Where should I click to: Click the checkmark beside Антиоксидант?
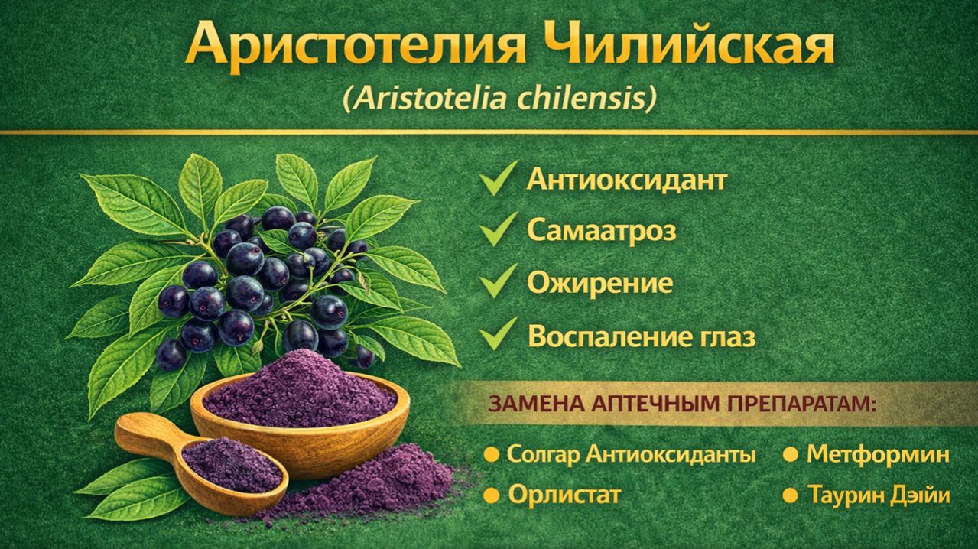pyautogui.click(x=499, y=182)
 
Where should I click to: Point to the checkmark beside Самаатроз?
pyautogui.click(x=499, y=231)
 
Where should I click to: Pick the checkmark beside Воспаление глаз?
pyautogui.click(x=499, y=334)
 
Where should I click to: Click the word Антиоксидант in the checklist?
pyautogui.click(x=626, y=181)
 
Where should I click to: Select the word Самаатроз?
pyautogui.click(x=602, y=231)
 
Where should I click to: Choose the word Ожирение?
pyautogui.click(x=599, y=283)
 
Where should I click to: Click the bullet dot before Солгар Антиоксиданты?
pyautogui.click(x=491, y=456)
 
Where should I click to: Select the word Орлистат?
pyautogui.click(x=564, y=495)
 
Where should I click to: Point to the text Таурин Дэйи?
pyautogui.click(x=879, y=495)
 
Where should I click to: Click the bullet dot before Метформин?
pyautogui.click(x=791, y=456)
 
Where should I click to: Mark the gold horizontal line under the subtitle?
pyautogui.click(x=489, y=132)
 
